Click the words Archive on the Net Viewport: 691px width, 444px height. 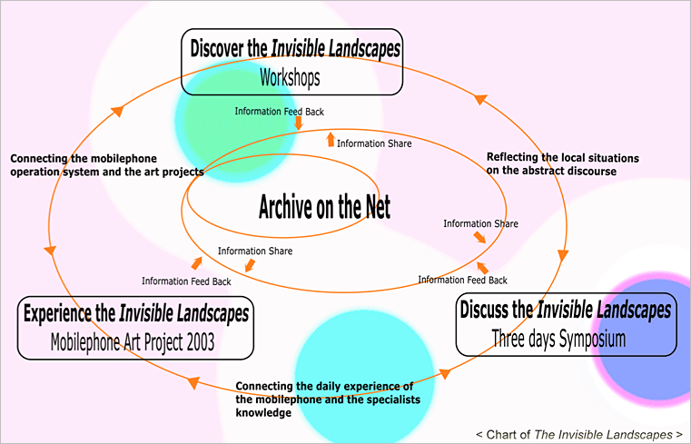click(324, 206)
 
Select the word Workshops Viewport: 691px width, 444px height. click(290, 77)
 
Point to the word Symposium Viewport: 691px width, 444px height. click(592, 339)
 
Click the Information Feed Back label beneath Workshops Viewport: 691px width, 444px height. click(280, 112)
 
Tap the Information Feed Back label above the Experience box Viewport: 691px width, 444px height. click(186, 281)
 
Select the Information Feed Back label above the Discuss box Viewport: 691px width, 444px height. click(463, 280)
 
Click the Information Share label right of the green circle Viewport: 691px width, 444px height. click(374, 143)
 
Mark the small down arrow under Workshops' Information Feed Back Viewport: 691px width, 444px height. click(299, 123)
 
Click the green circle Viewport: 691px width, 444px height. click(236, 121)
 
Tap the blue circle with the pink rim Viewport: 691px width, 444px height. click(641, 336)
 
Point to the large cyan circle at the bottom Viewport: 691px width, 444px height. click(364, 378)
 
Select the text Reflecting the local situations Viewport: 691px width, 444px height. click(563, 158)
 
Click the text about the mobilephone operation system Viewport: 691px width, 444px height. click(107, 165)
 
